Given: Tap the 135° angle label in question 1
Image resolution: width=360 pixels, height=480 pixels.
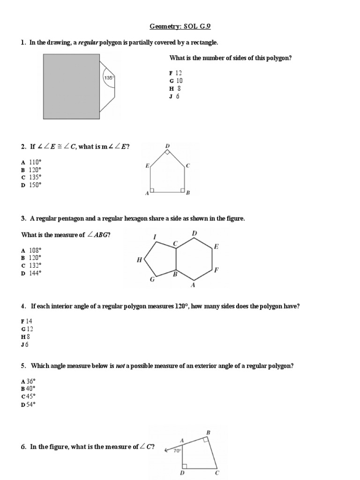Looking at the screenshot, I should (109, 78).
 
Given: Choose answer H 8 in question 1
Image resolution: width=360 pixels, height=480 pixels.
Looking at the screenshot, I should (175, 89).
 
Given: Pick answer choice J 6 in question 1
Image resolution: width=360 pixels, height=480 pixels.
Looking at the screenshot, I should (174, 97).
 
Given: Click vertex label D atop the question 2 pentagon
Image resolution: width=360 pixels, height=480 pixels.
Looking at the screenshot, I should (167, 146).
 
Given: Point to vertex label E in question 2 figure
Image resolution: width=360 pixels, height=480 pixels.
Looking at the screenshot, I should (147, 166).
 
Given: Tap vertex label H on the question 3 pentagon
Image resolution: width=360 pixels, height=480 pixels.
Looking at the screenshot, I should (139, 260).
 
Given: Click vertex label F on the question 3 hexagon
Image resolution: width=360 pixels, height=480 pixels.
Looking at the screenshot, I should (216, 270).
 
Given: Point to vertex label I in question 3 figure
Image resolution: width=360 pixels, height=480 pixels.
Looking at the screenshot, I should (154, 237).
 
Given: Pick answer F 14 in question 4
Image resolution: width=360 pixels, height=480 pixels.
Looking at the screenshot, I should (27, 321).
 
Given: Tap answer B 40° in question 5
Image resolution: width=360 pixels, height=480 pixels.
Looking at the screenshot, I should (28, 389).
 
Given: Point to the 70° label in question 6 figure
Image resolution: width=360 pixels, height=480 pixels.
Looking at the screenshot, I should (177, 451).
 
